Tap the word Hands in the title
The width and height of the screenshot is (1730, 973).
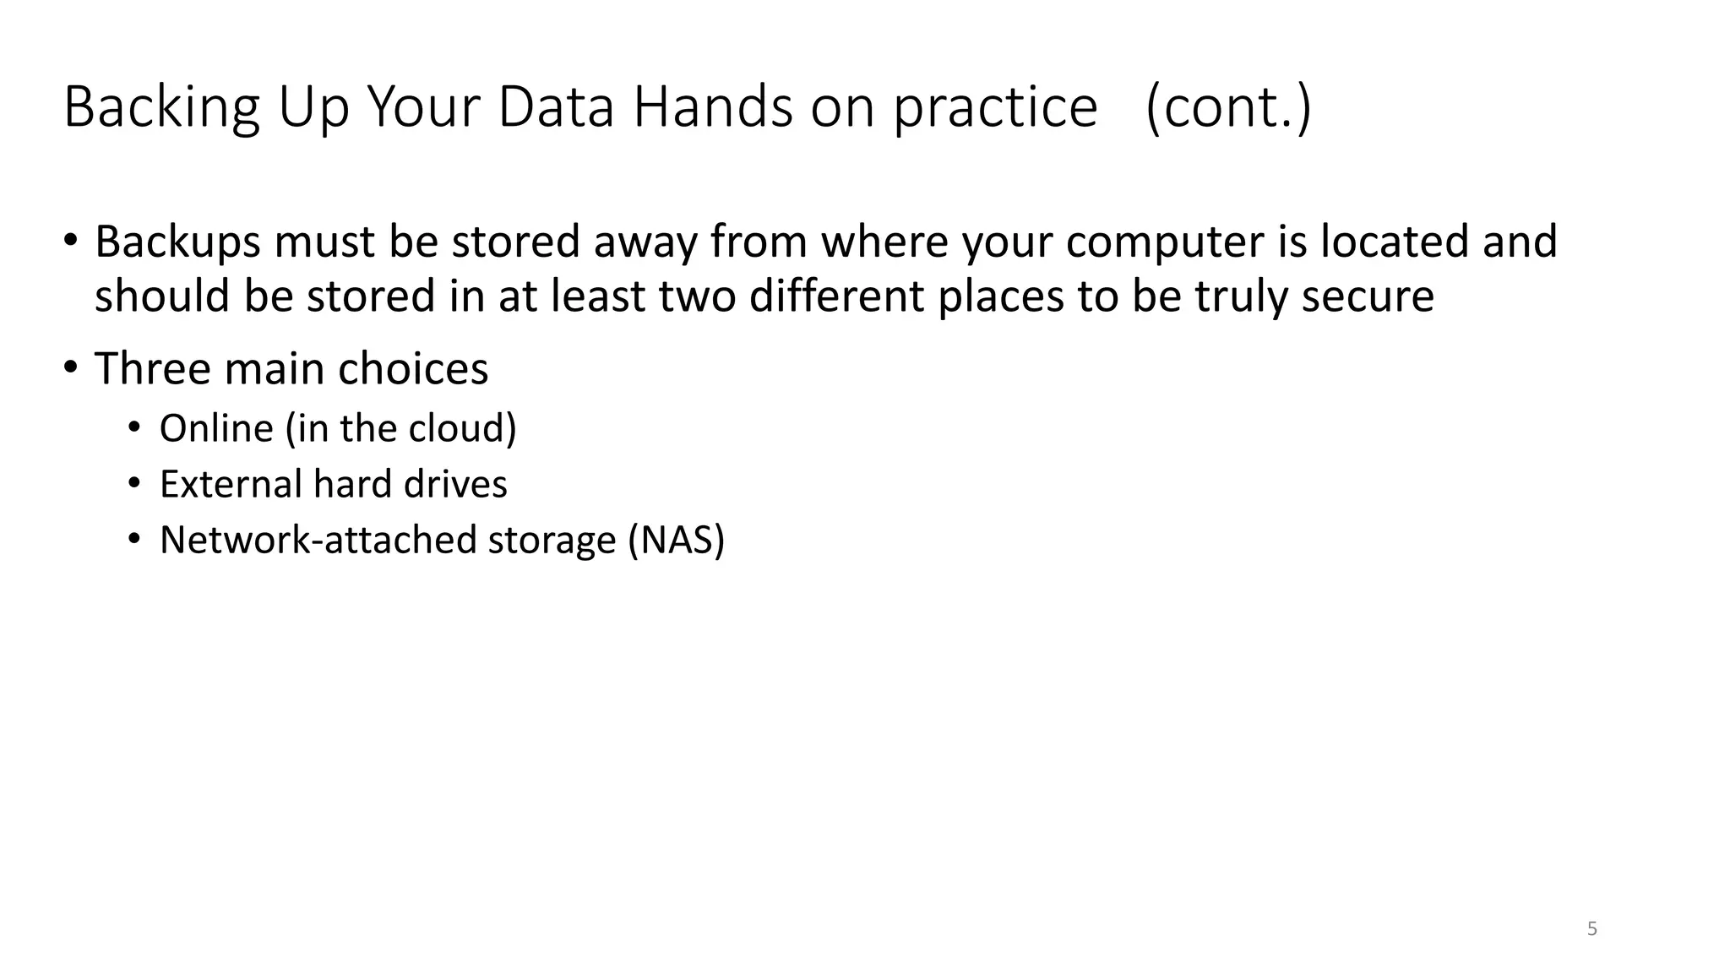(x=713, y=108)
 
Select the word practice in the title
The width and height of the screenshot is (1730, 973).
(x=995, y=108)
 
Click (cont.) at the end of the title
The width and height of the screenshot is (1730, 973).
(x=1228, y=108)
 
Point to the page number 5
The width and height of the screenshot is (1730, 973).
(x=1591, y=929)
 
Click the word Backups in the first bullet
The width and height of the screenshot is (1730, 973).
(x=177, y=242)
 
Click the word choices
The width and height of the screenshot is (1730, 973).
(x=412, y=369)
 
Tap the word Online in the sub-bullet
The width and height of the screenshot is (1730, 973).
(x=216, y=428)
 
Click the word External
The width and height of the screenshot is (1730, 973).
(x=230, y=485)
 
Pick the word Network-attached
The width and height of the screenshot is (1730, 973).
(x=318, y=541)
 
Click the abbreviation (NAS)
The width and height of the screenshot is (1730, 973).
(x=676, y=541)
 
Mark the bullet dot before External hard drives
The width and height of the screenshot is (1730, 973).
(x=134, y=484)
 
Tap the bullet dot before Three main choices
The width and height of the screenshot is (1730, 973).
(x=71, y=367)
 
